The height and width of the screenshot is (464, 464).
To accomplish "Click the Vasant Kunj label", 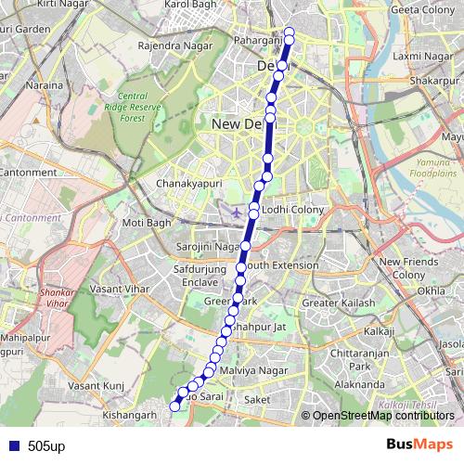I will pyautogui.click(x=97, y=385).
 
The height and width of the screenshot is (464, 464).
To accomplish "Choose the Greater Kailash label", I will pyautogui.click(x=339, y=303).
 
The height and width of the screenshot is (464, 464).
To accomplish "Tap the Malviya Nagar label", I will pyautogui.click(x=248, y=370).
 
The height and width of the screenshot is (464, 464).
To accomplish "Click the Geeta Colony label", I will pyautogui.click(x=419, y=9).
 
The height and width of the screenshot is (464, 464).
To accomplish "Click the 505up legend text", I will pyautogui.click(x=45, y=445).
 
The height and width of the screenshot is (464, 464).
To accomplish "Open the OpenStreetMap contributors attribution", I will pyautogui.click(x=383, y=416).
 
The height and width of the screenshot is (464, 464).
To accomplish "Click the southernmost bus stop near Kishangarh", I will pyautogui.click(x=174, y=405).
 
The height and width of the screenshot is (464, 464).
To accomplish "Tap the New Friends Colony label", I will pyautogui.click(x=402, y=268).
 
